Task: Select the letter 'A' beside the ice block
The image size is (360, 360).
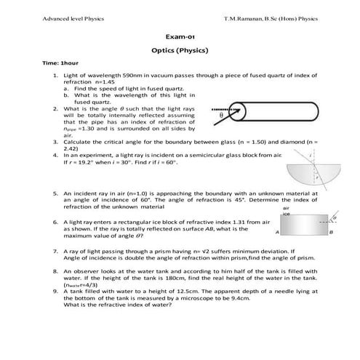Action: click(278, 233)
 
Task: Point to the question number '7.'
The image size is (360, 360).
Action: click(56, 251)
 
